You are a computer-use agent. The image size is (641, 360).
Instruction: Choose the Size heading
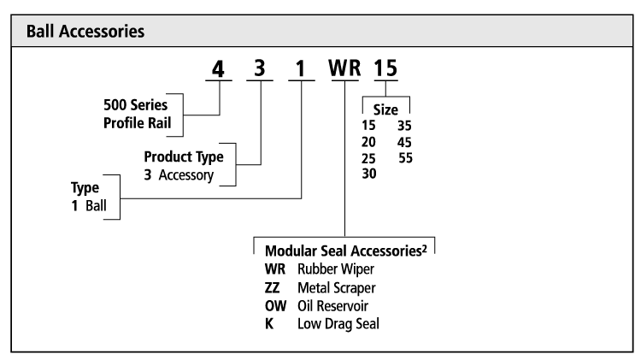click(385, 109)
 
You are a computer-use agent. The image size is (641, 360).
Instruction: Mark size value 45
click(404, 142)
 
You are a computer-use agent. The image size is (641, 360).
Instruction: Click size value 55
click(404, 158)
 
